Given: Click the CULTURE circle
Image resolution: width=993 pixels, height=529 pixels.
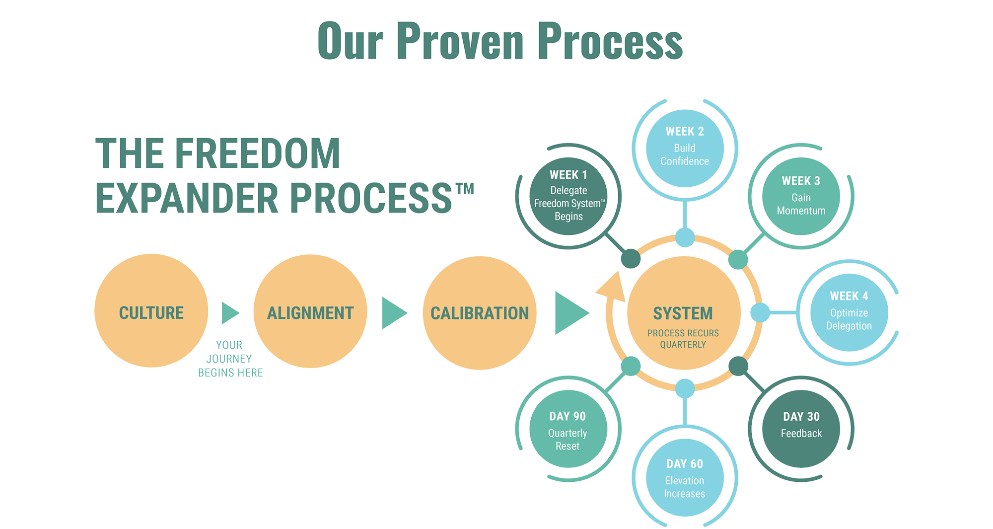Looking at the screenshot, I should pyautogui.click(x=151, y=311).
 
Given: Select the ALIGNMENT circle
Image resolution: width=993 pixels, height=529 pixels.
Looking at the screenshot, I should pyautogui.click(x=310, y=311).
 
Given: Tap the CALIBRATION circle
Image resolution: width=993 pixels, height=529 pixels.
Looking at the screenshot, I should pyautogui.click(x=480, y=313).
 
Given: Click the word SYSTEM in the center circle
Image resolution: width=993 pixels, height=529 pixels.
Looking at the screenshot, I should pyautogui.click(x=683, y=313).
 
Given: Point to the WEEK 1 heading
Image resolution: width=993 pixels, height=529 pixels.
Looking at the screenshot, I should pyautogui.click(x=568, y=175).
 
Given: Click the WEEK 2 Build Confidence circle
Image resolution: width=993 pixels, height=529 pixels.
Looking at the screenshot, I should pyautogui.click(x=685, y=149).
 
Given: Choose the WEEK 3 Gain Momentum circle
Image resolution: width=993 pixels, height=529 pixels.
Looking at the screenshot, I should pyautogui.click(x=801, y=197).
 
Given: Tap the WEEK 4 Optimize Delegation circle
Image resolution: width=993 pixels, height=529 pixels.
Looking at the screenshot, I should pyautogui.click(x=849, y=313).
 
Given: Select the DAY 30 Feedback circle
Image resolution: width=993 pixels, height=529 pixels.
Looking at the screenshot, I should pyautogui.click(x=801, y=429).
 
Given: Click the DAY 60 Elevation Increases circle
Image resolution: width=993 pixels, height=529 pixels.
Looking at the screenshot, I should pyautogui.click(x=685, y=478).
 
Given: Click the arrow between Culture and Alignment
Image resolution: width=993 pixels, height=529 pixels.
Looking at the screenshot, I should pyautogui.click(x=229, y=313).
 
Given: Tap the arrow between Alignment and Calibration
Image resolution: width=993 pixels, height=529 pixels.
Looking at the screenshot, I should pyautogui.click(x=393, y=313).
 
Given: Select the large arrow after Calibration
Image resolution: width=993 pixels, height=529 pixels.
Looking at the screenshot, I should pyautogui.click(x=570, y=313).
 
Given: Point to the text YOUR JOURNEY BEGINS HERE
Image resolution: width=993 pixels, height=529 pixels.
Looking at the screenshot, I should pyautogui.click(x=230, y=359).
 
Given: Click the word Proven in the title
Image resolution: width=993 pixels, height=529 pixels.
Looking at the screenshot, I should pyautogui.click(x=460, y=42).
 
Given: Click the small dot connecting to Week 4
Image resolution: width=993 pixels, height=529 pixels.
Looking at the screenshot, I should pyautogui.click(x=760, y=313).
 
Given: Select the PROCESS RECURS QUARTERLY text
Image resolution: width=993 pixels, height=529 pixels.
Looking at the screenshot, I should pyautogui.click(x=683, y=339).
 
